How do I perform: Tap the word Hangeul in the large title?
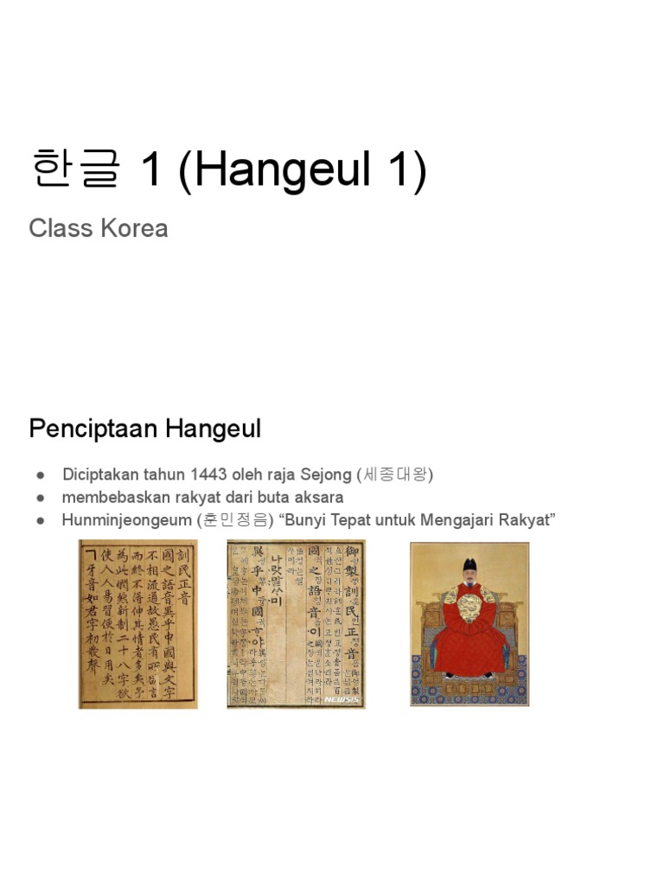271,170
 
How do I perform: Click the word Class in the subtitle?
56,228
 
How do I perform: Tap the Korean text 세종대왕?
396,474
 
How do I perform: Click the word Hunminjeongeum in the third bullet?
125,520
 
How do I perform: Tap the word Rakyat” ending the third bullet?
527,520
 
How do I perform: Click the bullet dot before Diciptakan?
40,475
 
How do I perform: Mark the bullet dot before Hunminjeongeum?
40,521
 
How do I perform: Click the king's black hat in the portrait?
469,565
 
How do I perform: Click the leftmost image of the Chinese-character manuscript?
138,624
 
